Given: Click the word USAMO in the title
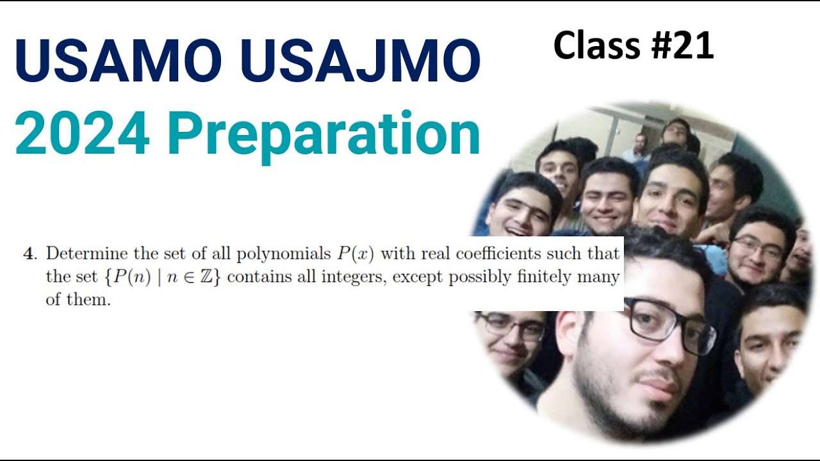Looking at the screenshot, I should [x=119, y=61].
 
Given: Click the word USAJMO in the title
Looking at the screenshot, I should [x=360, y=61].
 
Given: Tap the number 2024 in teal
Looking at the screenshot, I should [x=83, y=134].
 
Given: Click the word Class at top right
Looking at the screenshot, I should [x=597, y=46].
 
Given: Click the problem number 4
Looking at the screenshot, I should [x=29, y=254].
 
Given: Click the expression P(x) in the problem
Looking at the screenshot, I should [x=356, y=254].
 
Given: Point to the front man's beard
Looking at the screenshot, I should [x=615, y=397].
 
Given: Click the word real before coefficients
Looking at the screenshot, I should [x=437, y=254].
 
